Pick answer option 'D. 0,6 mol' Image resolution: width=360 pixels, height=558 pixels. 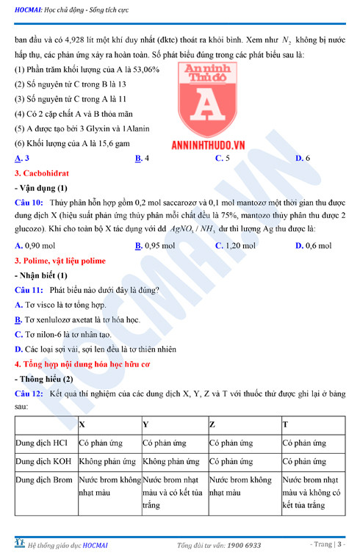pos(315,246)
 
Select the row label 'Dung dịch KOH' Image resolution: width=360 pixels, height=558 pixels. pos(45,462)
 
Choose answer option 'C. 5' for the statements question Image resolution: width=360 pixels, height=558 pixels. pos(222,158)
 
